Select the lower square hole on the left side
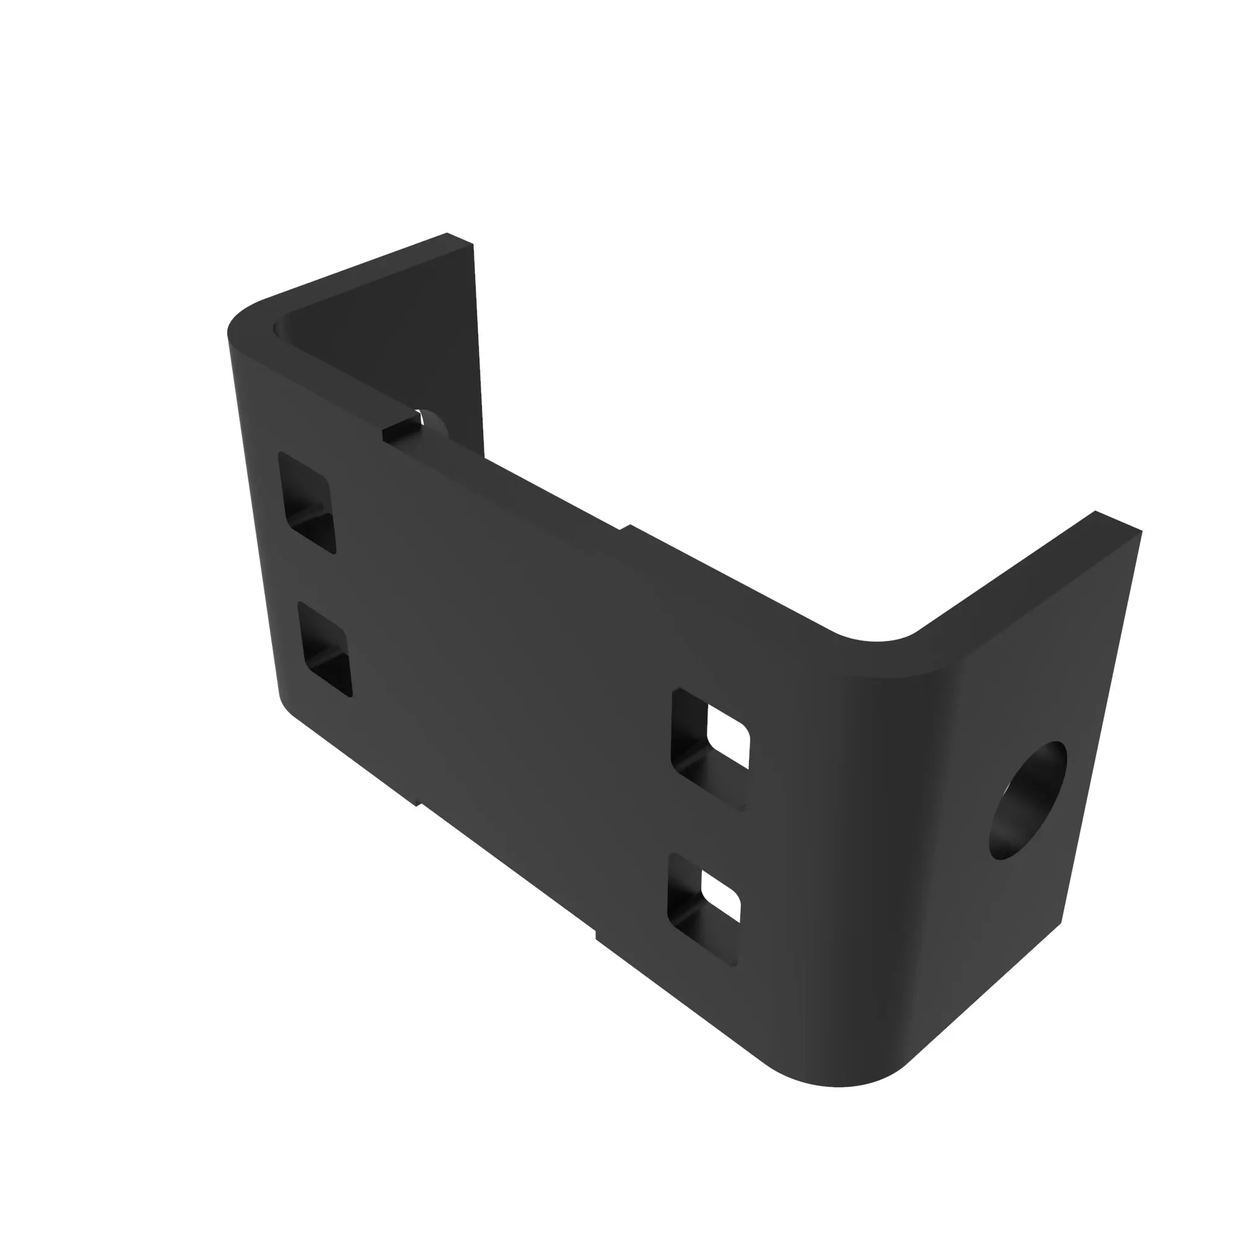coord(325,649)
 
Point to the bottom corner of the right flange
coord(1061,924)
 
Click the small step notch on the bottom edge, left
coord(418,802)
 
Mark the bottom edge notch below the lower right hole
coord(597,937)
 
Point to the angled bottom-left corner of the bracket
coord(286,706)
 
